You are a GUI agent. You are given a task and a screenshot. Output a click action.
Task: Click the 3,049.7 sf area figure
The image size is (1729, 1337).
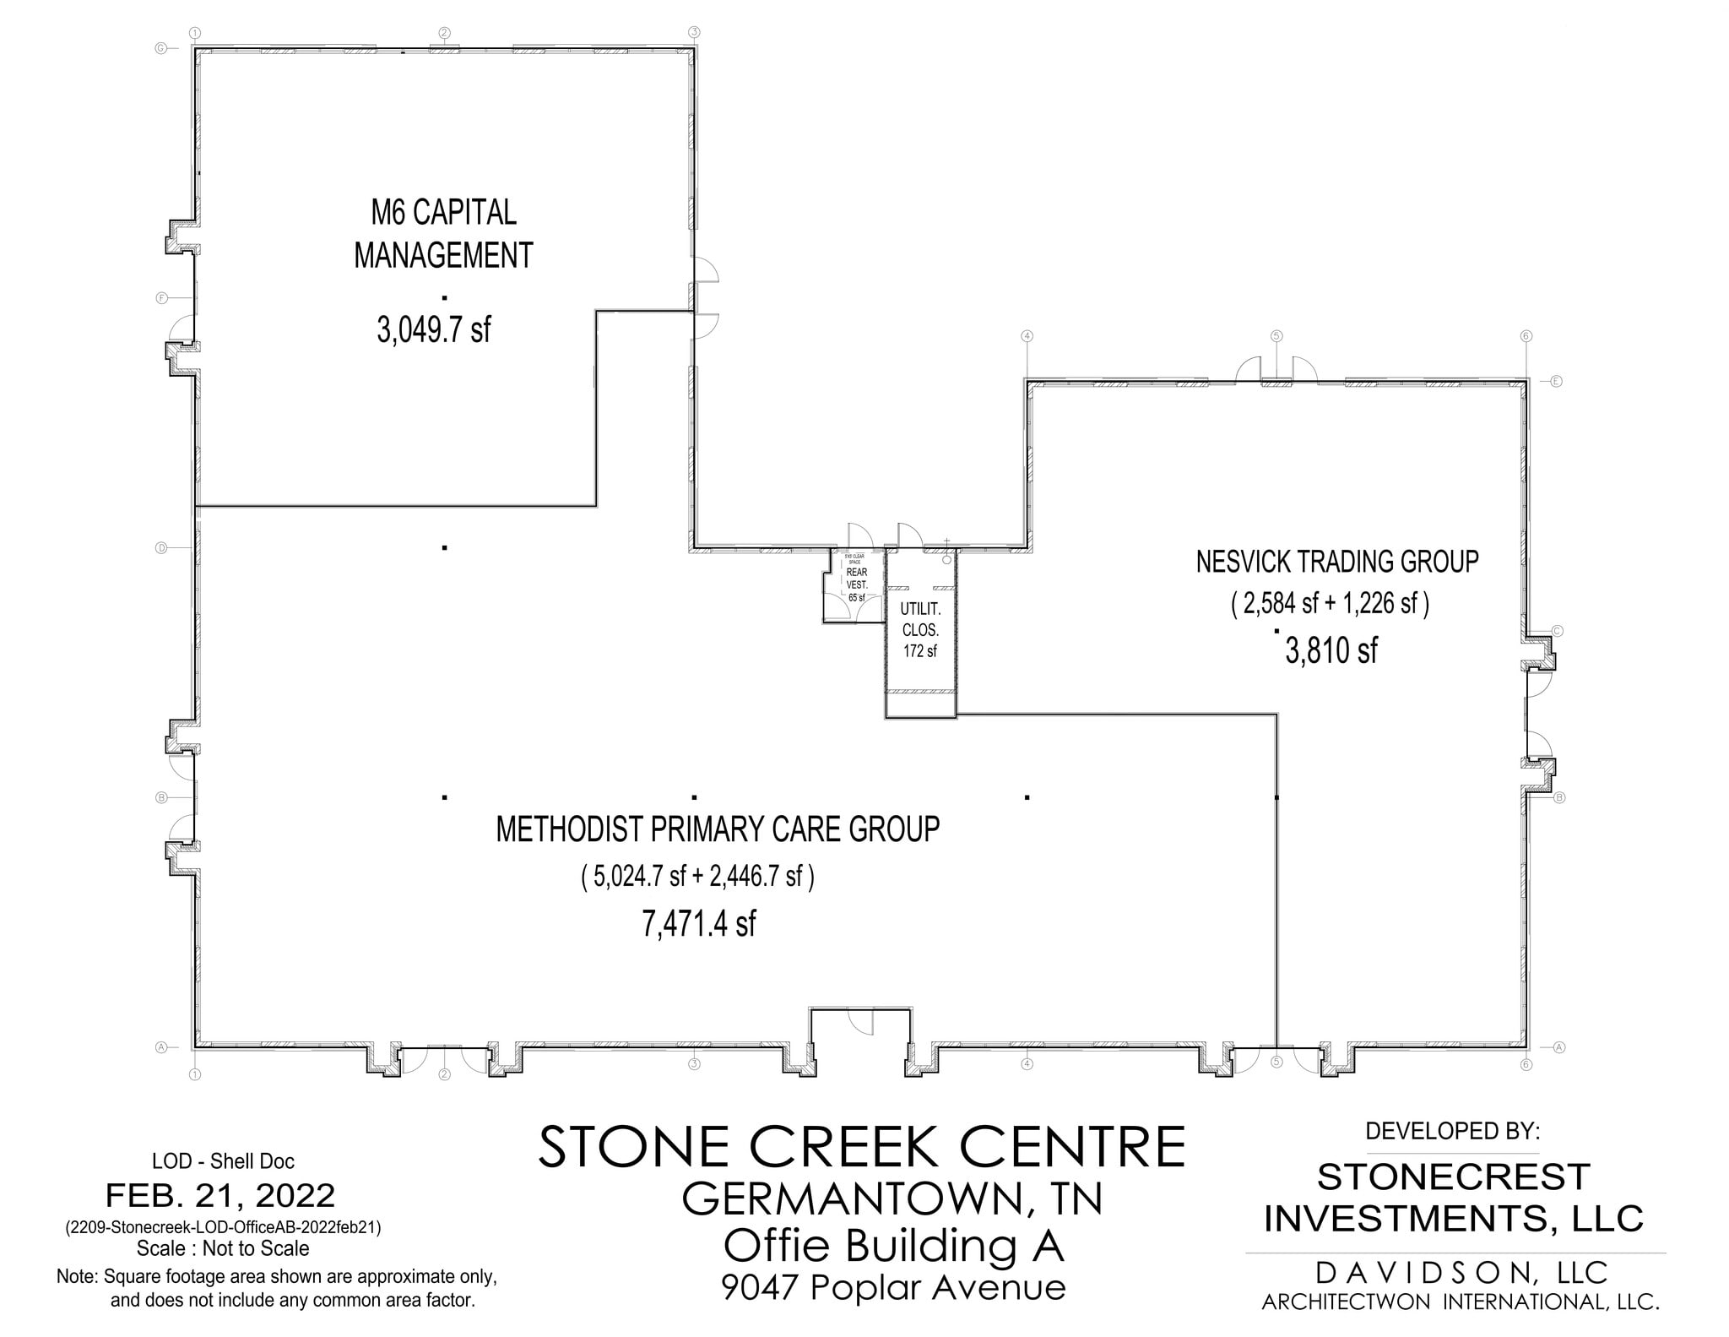coord(433,329)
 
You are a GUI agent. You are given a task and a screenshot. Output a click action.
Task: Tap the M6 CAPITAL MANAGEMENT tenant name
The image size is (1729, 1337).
coord(443,234)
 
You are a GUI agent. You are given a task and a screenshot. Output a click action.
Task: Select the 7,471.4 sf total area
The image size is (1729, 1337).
coord(698,924)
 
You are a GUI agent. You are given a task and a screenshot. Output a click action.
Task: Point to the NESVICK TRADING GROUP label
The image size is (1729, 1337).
coord(1336,562)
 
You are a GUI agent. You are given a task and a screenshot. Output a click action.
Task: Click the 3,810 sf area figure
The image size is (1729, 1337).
coord(1331,650)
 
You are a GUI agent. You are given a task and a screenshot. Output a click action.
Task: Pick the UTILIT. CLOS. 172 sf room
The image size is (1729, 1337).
coord(919,629)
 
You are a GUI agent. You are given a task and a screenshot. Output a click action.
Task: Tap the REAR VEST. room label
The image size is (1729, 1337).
coord(856,579)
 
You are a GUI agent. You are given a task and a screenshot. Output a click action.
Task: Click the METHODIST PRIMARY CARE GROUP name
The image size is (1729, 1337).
coord(718,829)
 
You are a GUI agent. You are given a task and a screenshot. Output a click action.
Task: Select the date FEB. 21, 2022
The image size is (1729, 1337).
coord(220,1196)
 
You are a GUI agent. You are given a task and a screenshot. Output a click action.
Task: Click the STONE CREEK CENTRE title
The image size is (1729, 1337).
coord(861,1147)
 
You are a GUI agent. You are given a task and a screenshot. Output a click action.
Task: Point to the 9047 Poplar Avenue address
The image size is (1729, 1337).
coord(893,1288)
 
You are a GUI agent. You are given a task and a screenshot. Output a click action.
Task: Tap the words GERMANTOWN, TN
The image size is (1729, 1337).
coord(892,1199)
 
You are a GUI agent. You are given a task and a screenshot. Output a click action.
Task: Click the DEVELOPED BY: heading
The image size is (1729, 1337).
coord(1453,1130)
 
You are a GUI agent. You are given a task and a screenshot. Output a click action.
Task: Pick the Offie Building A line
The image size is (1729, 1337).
coord(893,1246)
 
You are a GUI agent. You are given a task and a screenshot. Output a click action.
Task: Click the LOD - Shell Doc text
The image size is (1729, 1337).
coord(223,1161)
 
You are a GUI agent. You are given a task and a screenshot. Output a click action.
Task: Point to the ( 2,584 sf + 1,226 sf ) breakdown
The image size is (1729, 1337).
coord(1330,605)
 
